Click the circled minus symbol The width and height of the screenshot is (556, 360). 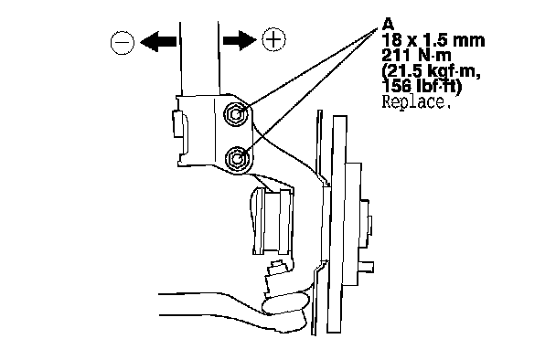(123, 42)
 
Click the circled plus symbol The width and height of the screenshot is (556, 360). (273, 39)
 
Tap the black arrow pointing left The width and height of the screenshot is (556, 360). (158, 42)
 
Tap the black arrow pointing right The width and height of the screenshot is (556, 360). (240, 39)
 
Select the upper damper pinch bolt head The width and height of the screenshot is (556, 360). (236, 113)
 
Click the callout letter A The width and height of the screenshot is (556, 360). (389, 25)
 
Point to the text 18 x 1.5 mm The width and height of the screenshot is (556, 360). (433, 40)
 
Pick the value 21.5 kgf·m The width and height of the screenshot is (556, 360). (432, 72)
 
